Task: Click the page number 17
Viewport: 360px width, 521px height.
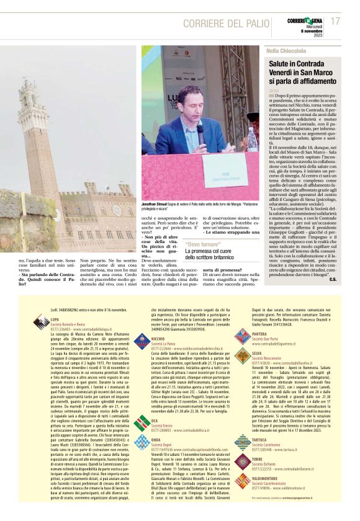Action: (x=335, y=21)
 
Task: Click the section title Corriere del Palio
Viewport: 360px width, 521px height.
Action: (x=224, y=23)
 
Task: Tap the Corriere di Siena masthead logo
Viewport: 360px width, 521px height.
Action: (x=305, y=20)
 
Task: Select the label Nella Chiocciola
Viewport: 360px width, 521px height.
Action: (x=286, y=50)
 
